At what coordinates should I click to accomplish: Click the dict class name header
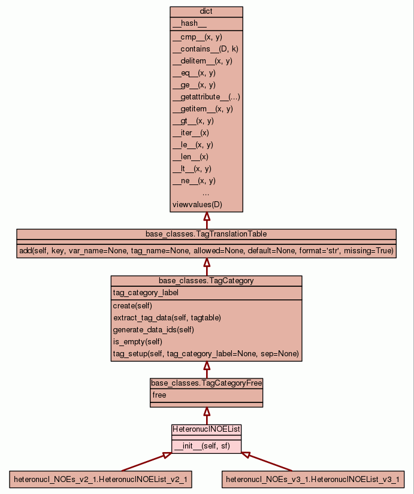206,12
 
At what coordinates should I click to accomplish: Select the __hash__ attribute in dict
185,23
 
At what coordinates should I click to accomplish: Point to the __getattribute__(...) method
206,97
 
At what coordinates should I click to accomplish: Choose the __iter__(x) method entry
191,133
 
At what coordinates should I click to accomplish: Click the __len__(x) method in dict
190,157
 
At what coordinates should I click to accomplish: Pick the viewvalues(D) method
197,205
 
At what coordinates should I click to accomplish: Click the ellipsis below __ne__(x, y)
206,193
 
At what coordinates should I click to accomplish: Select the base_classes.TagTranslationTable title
206,234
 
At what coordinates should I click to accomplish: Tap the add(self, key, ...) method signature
206,251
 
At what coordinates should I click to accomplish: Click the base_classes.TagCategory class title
206,280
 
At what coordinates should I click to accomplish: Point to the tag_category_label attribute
146,293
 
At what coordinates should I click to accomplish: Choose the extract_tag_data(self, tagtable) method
167,317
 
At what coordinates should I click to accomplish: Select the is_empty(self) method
137,341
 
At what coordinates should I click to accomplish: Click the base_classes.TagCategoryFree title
206,383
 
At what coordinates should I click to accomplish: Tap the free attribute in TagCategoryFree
159,395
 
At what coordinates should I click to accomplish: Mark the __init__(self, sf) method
201,445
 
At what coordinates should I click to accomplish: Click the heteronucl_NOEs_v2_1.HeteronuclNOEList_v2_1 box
101,480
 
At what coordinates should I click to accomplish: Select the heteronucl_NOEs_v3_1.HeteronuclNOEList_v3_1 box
312,480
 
